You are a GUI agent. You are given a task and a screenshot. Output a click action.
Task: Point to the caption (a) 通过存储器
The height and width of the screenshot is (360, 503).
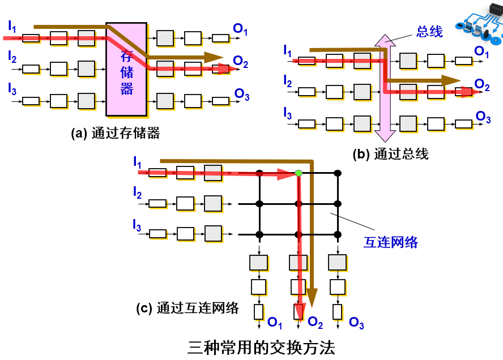116,134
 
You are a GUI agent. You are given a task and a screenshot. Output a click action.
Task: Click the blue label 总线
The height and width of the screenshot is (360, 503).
429,32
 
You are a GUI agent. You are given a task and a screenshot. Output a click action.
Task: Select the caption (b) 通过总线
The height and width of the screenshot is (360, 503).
391,153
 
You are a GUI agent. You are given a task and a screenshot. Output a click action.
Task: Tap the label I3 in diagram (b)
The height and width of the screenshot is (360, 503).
288,114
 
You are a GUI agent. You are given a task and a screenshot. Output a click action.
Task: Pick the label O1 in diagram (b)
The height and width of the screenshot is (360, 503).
482,52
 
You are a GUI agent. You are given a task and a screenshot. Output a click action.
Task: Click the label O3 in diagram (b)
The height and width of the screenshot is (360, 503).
483,117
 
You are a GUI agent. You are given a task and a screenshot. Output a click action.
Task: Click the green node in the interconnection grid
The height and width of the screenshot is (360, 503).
299,172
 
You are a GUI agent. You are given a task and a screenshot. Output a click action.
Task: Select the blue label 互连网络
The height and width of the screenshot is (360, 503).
390,242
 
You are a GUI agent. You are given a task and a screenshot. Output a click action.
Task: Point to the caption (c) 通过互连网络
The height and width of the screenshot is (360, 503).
187,308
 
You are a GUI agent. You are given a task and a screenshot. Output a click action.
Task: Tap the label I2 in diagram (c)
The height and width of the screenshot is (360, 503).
138,194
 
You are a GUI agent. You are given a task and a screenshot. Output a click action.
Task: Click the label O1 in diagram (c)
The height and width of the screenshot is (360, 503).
275,323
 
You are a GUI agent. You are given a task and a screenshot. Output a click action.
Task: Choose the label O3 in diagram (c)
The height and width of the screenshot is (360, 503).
356,323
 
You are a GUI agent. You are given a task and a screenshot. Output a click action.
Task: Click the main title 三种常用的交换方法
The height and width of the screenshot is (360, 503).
261,346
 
